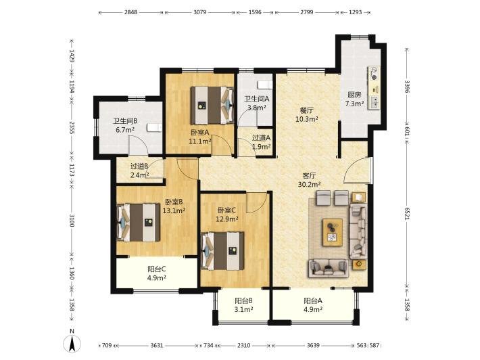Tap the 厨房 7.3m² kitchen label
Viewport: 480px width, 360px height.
354,99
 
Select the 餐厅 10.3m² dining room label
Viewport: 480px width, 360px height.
306,114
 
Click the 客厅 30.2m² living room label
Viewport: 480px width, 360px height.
309,180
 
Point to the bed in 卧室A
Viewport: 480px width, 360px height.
212,106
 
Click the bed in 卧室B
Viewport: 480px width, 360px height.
139,223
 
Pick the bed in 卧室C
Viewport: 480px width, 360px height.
222,251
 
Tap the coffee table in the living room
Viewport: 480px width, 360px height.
333,232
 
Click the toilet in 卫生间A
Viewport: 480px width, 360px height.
265,85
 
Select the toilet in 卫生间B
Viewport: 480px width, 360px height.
154,127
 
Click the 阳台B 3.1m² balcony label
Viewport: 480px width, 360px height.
243,305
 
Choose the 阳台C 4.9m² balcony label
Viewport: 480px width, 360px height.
157,273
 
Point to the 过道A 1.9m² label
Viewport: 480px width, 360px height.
261,142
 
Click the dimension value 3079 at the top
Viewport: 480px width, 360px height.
200,12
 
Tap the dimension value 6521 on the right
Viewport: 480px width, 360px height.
407,213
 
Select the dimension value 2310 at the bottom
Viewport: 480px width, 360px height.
243,345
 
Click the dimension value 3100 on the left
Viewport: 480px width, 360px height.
72,221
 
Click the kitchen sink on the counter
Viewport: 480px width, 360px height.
374,102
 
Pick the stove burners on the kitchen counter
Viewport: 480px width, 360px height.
374,74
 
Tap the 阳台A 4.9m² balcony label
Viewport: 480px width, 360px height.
313,305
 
